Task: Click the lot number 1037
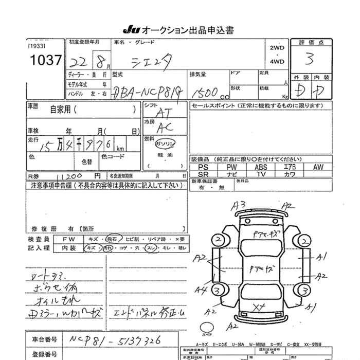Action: pyautogui.click(x=45, y=60)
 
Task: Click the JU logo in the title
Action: pyautogui.click(x=131, y=30)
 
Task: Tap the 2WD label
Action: pyautogui.click(x=277, y=47)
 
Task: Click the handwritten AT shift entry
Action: pyautogui.click(x=164, y=112)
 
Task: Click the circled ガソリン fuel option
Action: pyautogui.click(x=166, y=142)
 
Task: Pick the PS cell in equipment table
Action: pyautogui.click(x=203, y=167)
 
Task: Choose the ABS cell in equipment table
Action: pyautogui.click(x=261, y=167)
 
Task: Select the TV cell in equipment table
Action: pyautogui.click(x=261, y=174)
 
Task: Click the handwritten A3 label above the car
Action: pyautogui.click(x=238, y=205)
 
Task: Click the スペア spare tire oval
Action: pyautogui.click(x=208, y=328)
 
